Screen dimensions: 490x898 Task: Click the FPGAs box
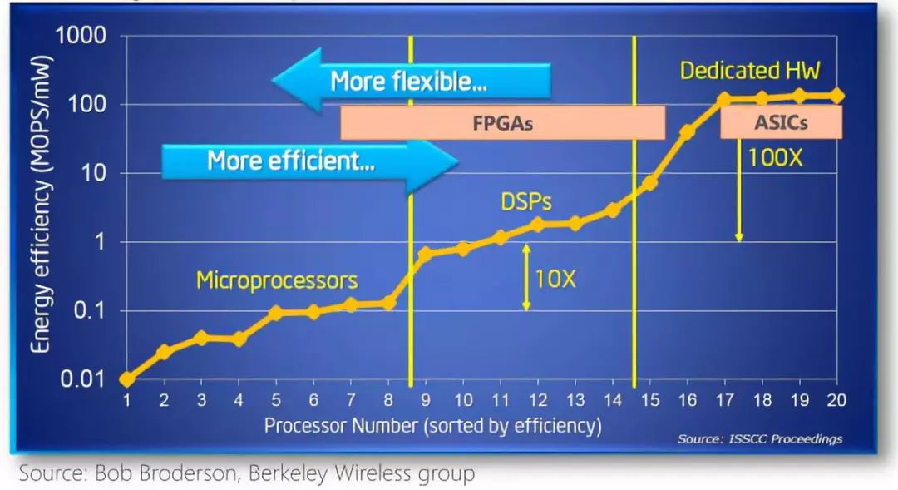pyautogui.click(x=502, y=123)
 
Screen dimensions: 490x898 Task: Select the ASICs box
pyautogui.click(x=781, y=123)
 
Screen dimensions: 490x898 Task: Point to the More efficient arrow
pyautogui.click(x=309, y=161)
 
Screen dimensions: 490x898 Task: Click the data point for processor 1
pyautogui.click(x=126, y=379)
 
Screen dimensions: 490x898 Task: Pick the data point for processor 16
pyautogui.click(x=688, y=131)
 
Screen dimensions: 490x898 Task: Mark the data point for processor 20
pyautogui.click(x=836, y=96)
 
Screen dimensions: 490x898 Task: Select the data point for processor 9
pyautogui.click(x=425, y=253)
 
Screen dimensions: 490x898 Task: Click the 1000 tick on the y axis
pyautogui.click(x=81, y=36)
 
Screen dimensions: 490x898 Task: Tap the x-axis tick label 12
pyautogui.click(x=538, y=401)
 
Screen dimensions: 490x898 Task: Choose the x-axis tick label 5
pyautogui.click(x=276, y=401)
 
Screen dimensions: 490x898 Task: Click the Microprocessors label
pyautogui.click(x=277, y=280)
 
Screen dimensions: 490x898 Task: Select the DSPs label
pyautogui.click(x=526, y=201)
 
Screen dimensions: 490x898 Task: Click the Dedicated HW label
pyautogui.click(x=750, y=71)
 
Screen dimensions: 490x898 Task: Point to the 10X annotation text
pyautogui.click(x=555, y=278)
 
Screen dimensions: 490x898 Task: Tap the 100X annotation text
pyautogui.click(x=775, y=157)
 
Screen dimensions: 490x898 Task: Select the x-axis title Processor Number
pyautogui.click(x=432, y=426)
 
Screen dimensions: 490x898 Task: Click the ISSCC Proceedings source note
pyautogui.click(x=760, y=438)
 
